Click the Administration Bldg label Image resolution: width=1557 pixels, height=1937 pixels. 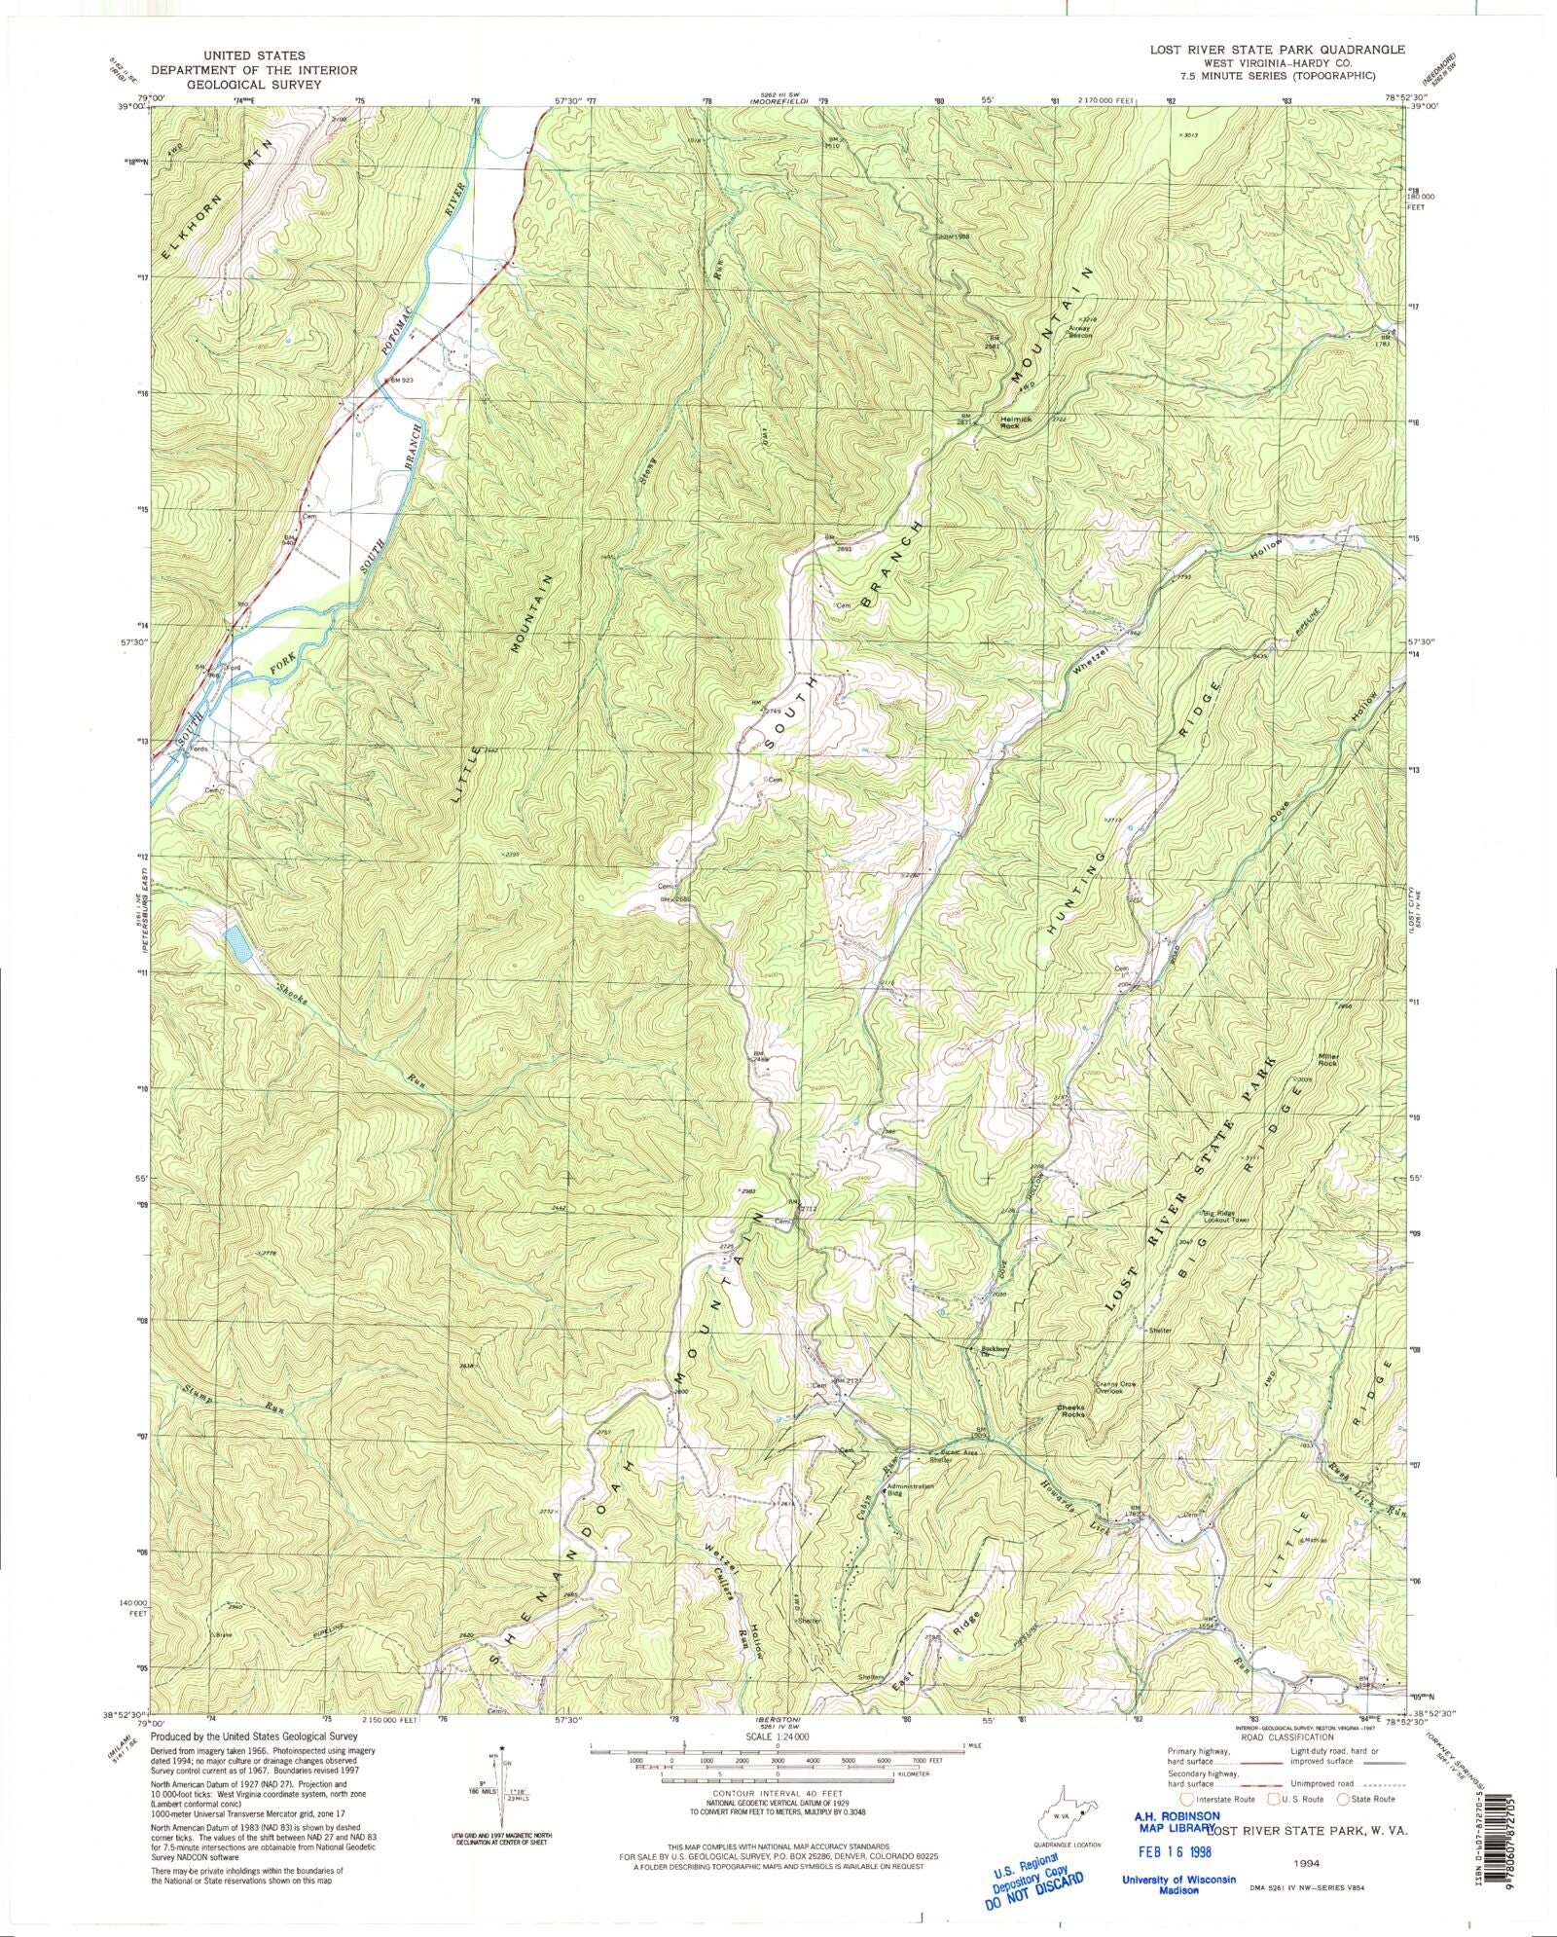tap(910, 1489)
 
